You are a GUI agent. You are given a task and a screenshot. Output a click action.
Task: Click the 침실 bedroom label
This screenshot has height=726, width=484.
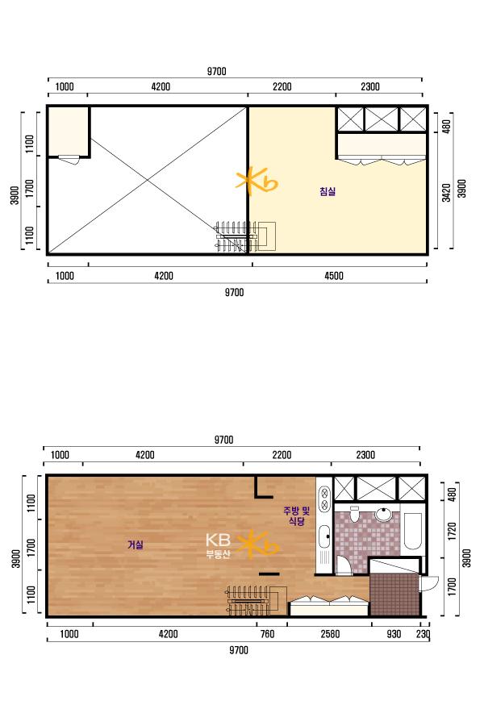click(328, 191)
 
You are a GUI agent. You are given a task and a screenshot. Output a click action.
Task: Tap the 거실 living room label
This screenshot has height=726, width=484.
click(136, 544)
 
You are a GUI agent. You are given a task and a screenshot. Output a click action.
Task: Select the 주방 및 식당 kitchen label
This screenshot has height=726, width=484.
click(296, 515)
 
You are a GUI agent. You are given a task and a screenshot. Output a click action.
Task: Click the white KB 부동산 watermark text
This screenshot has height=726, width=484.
click(218, 546)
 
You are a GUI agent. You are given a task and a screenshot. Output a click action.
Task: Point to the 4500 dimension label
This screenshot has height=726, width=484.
click(333, 276)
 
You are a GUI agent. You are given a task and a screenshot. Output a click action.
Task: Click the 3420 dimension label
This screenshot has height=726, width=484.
click(446, 193)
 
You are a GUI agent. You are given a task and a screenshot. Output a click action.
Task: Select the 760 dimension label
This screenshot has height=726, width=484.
click(267, 634)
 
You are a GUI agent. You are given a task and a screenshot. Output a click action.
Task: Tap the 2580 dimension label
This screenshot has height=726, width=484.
click(330, 634)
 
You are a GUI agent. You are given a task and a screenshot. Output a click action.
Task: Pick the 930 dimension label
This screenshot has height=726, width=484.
click(394, 634)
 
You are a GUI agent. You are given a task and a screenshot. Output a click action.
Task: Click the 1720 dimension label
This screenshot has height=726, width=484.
click(453, 531)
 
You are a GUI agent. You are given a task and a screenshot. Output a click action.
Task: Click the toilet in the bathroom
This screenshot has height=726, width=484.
click(355, 514)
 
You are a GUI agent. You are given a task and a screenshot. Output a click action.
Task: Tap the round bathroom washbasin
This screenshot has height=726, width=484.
click(384, 514)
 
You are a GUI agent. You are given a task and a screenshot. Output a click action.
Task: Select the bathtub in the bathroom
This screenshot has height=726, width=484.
click(413, 531)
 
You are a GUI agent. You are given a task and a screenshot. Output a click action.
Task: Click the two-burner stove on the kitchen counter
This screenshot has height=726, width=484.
click(324, 498)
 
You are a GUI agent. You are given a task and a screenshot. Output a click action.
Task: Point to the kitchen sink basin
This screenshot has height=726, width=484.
click(323, 537)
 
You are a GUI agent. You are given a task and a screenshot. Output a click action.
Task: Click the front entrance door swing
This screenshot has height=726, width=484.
click(429, 583)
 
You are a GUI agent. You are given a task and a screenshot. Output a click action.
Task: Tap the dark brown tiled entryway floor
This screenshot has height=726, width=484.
click(394, 595)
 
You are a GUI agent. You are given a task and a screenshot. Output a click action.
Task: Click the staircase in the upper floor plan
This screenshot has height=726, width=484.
click(245, 236)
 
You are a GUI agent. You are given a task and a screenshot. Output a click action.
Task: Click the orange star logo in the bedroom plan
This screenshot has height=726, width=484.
click(257, 182)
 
